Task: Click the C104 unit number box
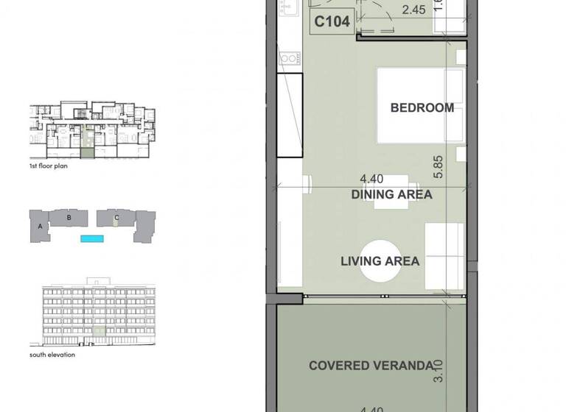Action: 331,22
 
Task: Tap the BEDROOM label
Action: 422,108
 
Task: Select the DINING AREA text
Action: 391,195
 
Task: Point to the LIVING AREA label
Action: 380,261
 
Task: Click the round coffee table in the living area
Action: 380,260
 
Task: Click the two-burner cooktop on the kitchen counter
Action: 288,58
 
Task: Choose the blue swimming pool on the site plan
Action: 92,239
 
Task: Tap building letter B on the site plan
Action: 69,218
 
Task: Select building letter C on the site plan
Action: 116,218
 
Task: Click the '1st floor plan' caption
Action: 48,167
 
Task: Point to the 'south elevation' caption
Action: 52,355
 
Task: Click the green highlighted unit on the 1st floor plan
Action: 87,153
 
